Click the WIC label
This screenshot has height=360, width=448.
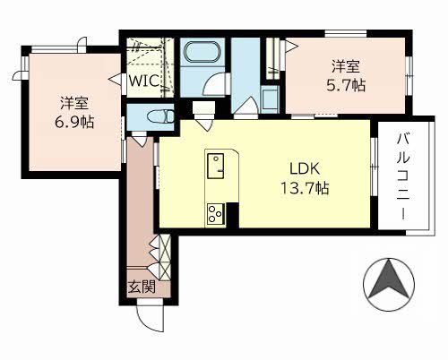(x=143, y=81)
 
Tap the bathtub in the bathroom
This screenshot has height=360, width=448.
(x=202, y=52)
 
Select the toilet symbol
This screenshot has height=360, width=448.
(x=160, y=116)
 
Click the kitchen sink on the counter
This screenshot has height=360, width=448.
(x=215, y=166)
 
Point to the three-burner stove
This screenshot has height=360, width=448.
(x=216, y=213)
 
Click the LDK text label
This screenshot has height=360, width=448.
(x=305, y=168)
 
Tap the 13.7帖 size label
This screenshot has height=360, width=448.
(x=305, y=188)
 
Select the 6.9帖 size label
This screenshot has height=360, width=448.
(x=74, y=122)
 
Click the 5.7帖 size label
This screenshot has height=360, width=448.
(x=346, y=85)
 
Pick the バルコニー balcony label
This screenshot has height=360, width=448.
(x=403, y=177)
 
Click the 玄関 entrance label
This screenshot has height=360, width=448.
(x=142, y=287)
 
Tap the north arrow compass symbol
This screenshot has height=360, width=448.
(x=389, y=285)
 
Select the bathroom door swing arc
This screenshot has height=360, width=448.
(x=212, y=85)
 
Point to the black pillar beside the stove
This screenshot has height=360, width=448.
(x=232, y=216)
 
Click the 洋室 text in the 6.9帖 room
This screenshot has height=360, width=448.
(x=74, y=102)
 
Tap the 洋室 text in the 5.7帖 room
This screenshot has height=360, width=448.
(x=346, y=66)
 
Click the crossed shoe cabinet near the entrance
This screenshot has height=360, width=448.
(x=165, y=257)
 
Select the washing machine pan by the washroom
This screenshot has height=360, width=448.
(x=269, y=99)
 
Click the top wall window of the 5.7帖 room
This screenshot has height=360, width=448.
(x=346, y=33)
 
